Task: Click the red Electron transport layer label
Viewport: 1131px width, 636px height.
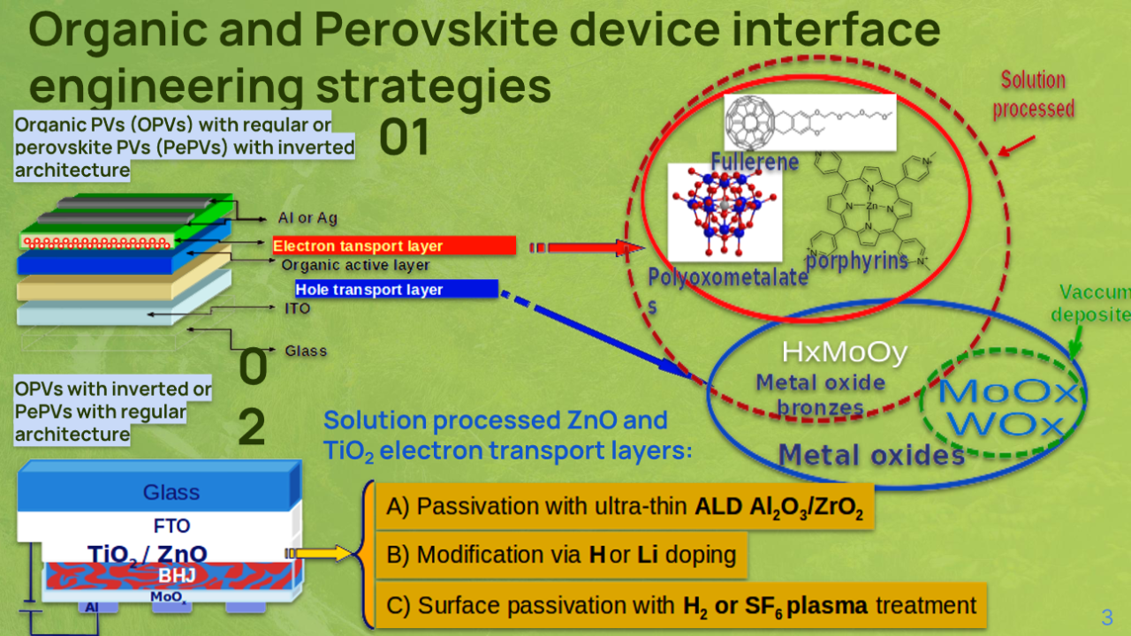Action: (x=393, y=246)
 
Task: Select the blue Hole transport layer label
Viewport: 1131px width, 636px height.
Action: (x=396, y=290)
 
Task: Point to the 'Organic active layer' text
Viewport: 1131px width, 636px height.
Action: (x=355, y=265)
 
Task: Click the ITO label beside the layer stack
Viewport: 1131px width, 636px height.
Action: (x=298, y=309)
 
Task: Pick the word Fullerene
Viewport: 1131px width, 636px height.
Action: (x=755, y=162)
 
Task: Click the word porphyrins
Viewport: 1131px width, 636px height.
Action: (x=857, y=261)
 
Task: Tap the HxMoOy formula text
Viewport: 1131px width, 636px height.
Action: (x=845, y=353)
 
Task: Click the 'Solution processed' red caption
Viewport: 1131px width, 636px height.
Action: (x=1033, y=95)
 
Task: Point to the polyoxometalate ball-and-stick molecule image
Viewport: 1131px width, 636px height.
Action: (x=725, y=212)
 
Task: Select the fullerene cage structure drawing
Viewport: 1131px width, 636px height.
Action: (x=750, y=121)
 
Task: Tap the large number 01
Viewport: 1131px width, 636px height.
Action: (x=404, y=139)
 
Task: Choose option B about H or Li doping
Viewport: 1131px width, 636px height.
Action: (x=562, y=555)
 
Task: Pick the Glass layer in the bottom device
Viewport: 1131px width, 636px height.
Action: (x=171, y=492)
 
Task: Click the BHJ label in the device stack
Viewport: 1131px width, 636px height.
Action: (x=176, y=576)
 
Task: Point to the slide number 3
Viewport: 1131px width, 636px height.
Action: (x=1106, y=617)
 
